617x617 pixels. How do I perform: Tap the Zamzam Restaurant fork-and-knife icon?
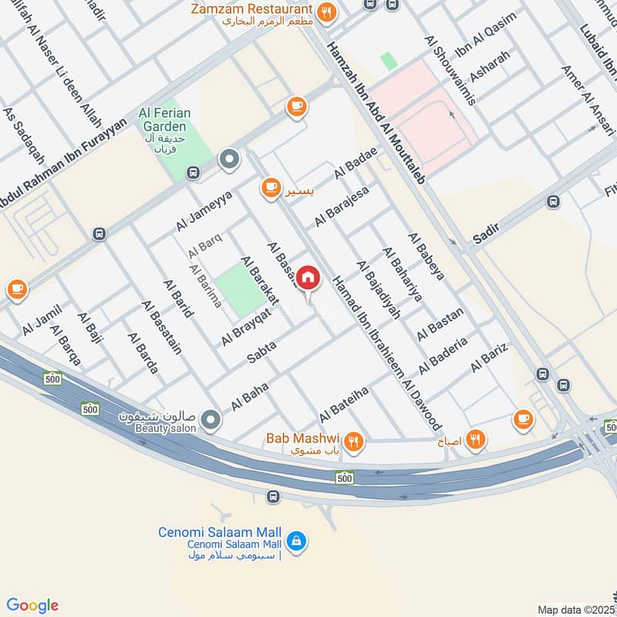[327, 12]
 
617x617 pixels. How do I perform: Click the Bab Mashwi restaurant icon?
[354, 441]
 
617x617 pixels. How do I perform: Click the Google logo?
[32, 605]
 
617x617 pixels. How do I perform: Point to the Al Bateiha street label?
[349, 401]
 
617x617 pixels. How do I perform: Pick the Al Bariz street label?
[489, 359]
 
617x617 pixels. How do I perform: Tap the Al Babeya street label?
[427, 255]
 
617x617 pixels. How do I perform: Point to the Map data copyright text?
[577, 609]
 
